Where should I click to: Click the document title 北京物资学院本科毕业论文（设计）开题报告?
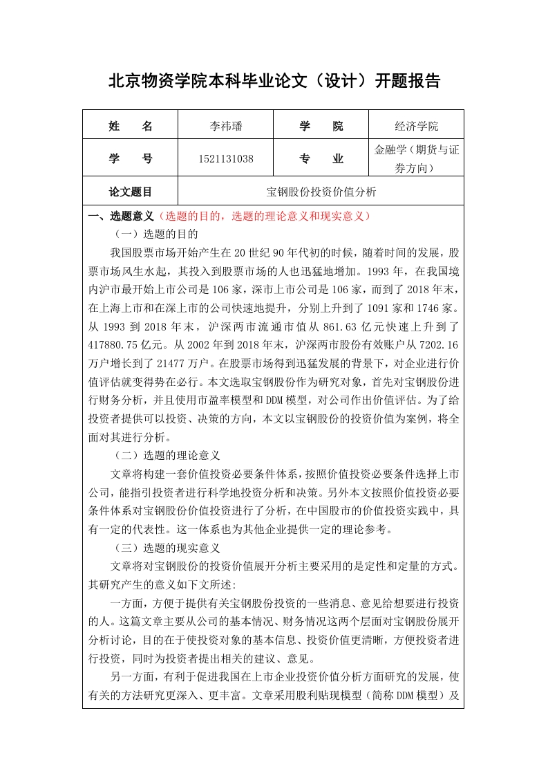pos(274,81)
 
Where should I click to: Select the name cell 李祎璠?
pos(226,126)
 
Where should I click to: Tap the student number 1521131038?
pos(226,158)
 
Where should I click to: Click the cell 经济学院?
pos(416,126)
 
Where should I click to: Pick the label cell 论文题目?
pos(131,192)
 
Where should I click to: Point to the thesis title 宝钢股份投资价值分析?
pos(321,192)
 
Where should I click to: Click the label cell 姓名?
pos(131,126)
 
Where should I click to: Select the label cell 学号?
pos(131,158)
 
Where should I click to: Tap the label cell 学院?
pos(321,126)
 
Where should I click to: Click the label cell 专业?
pos(321,158)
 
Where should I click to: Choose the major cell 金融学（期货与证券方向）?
pos(416,158)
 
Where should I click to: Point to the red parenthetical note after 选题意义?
pos(265,216)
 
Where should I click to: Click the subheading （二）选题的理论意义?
pos(167,455)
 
